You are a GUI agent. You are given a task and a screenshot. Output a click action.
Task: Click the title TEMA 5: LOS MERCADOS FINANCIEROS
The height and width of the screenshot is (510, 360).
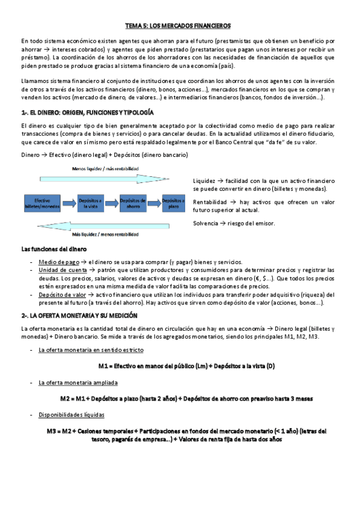[180, 26]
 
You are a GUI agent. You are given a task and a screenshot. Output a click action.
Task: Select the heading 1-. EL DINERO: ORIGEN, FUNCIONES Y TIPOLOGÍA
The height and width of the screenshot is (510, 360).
[88, 112]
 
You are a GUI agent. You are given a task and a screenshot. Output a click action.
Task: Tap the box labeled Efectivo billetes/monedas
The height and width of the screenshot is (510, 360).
[42, 203]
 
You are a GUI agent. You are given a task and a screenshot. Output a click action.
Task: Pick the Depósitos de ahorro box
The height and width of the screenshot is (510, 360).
[133, 203]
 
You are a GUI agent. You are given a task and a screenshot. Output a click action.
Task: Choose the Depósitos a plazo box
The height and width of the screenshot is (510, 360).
[174, 203]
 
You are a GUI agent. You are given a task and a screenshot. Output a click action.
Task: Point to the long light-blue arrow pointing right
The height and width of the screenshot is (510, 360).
[108, 179]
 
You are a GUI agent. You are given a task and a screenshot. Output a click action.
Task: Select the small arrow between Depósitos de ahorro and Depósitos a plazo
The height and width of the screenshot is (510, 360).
[155, 203]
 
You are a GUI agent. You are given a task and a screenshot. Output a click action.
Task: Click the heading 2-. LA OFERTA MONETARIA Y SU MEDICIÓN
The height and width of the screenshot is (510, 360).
[79, 315]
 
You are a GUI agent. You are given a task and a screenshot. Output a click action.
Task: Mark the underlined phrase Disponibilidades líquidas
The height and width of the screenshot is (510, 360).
[71, 415]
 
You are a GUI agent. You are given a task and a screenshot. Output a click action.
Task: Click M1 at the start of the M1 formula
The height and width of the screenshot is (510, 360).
[103, 366]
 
